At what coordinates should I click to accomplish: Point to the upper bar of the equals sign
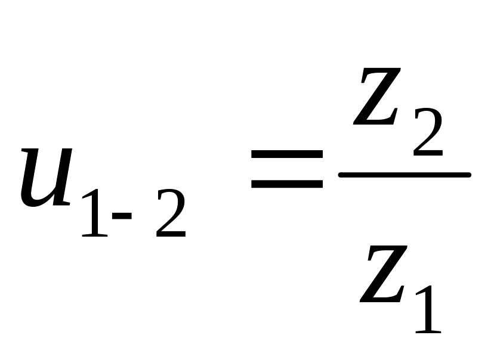point(287,154)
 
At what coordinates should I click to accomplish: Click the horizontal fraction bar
point(405,175)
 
